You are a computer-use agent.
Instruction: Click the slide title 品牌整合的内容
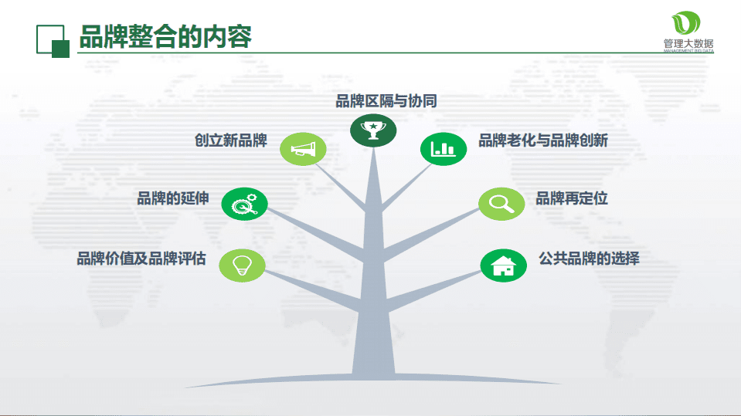click(165, 36)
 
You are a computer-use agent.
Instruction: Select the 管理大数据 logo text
click(688, 44)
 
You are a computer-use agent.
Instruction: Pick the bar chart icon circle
click(443, 148)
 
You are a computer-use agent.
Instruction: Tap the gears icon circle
click(244, 205)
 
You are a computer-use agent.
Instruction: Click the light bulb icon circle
click(243, 265)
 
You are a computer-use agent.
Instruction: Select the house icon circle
click(503, 265)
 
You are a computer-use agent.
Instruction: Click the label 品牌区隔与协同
click(386, 101)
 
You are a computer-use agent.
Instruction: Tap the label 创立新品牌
click(230, 140)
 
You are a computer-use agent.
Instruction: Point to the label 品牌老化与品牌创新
click(542, 140)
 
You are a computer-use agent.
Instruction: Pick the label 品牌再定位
click(572, 198)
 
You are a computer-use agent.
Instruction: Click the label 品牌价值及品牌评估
click(141, 259)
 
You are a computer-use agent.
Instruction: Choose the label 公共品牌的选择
click(589, 259)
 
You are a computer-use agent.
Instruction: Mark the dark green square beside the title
click(60, 48)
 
